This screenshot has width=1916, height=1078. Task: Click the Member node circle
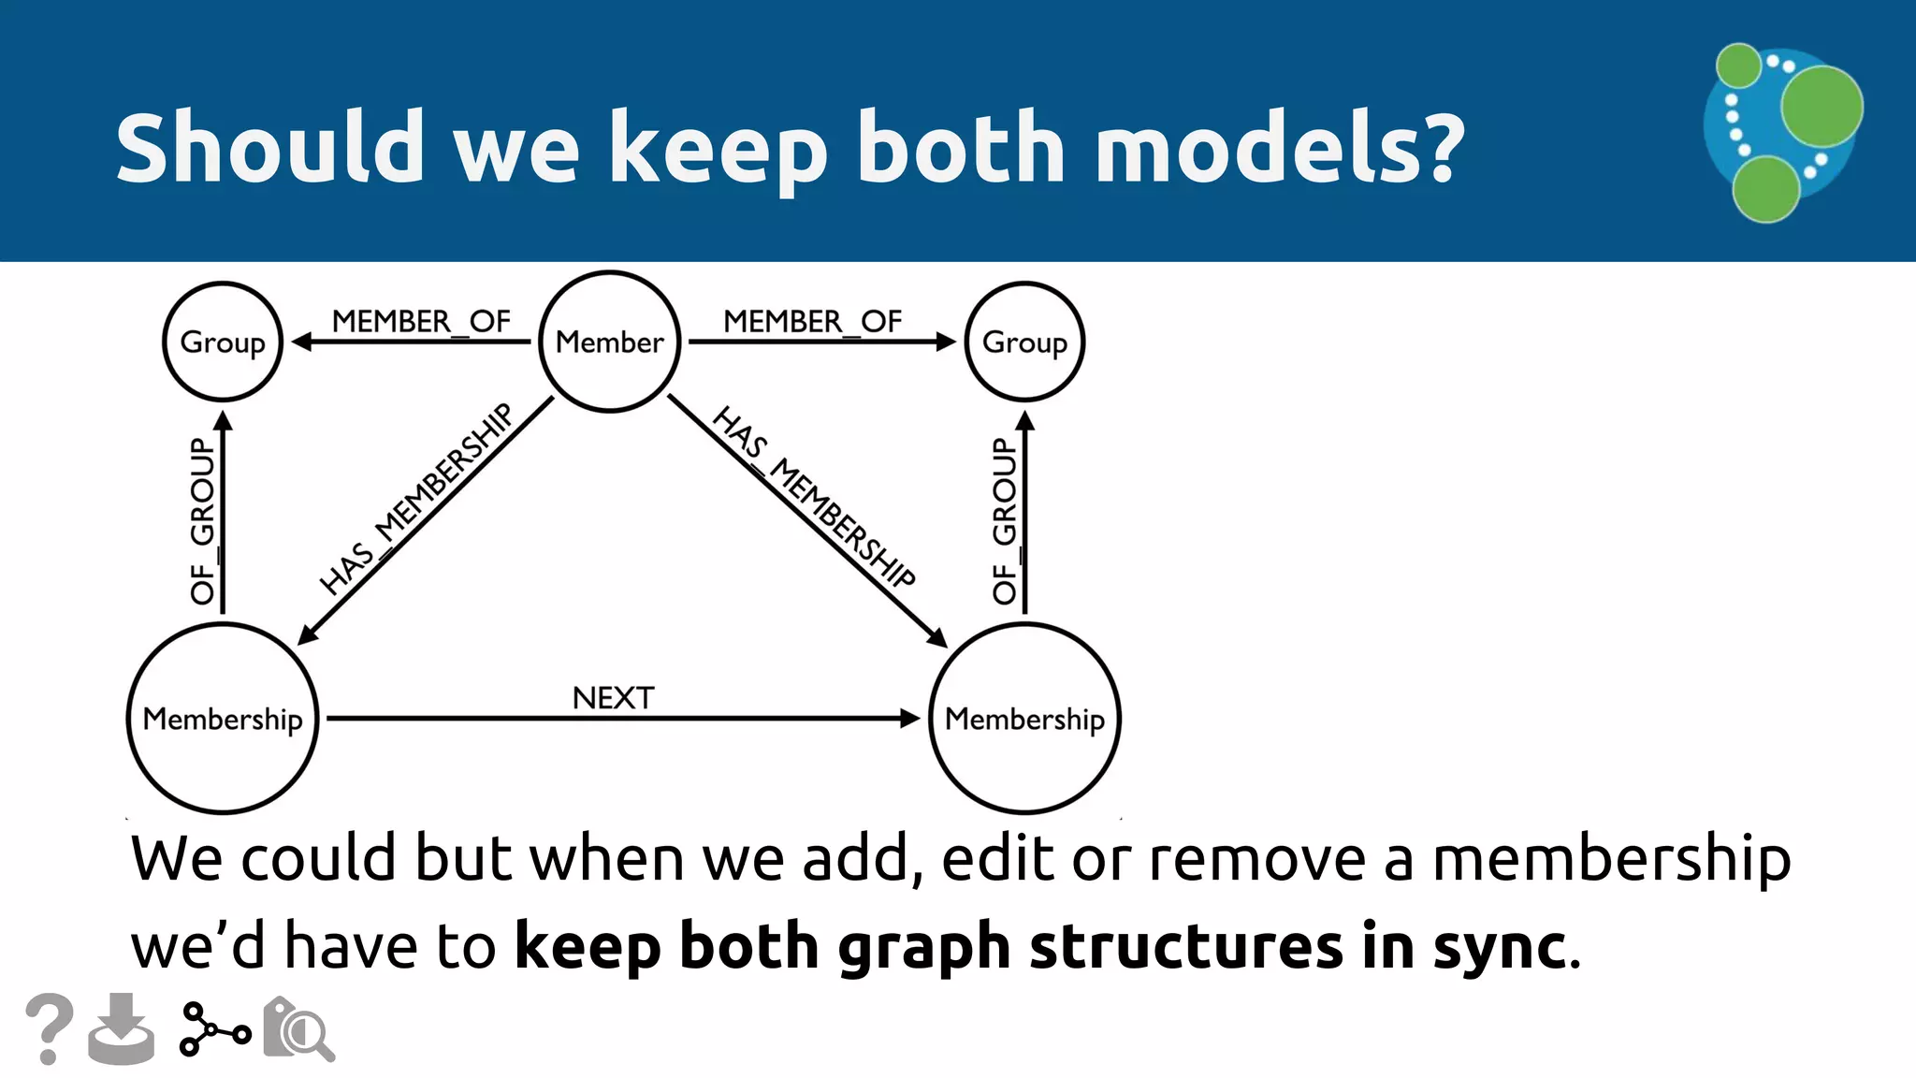[x=610, y=342]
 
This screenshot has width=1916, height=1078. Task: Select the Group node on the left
[x=223, y=342]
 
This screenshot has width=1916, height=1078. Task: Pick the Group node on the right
[x=1024, y=342]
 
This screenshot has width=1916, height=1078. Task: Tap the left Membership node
[x=223, y=719]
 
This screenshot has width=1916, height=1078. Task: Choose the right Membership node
[x=1024, y=719]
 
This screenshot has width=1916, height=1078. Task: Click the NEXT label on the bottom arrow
[x=613, y=698]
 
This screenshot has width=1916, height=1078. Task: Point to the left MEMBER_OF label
[x=421, y=321]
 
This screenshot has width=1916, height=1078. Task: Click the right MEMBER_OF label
[x=812, y=321]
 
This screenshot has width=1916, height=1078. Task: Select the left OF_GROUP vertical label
[x=202, y=520]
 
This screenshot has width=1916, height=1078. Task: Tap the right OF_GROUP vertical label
[x=1004, y=520]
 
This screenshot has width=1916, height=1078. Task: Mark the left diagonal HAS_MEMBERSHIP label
[x=415, y=499]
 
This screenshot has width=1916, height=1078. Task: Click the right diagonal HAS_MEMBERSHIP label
[x=813, y=497]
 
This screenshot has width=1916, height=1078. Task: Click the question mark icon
[x=49, y=1028]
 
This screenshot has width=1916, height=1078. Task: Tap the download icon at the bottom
[x=122, y=1029]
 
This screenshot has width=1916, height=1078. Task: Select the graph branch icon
[x=214, y=1029]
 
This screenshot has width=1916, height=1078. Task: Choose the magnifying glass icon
[x=299, y=1029]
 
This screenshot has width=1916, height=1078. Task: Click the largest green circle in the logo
[x=1821, y=107]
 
